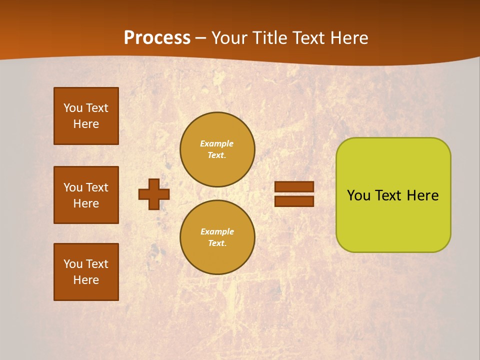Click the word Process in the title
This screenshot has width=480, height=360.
(157, 38)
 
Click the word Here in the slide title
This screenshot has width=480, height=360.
(348, 38)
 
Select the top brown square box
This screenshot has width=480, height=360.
(86, 116)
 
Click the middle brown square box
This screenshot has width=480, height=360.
(86, 195)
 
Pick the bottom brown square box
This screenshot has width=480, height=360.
(86, 272)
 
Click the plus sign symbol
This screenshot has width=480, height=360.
(154, 194)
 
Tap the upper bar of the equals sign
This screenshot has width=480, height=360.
(294, 186)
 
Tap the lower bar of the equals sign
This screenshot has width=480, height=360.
(294, 201)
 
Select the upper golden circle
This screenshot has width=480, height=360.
(217, 149)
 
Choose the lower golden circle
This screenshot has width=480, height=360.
(217, 237)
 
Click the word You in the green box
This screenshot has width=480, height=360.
(358, 195)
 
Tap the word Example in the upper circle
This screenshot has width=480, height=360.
(217, 143)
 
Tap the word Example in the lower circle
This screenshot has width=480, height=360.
(217, 231)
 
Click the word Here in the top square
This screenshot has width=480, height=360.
(86, 124)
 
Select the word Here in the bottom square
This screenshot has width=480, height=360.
(86, 280)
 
